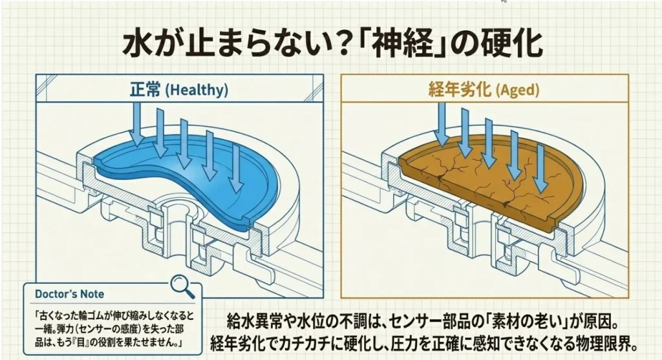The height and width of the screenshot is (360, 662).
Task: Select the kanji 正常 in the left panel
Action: click(x=144, y=89)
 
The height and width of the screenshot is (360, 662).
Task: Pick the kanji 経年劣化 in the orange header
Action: click(x=457, y=90)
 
